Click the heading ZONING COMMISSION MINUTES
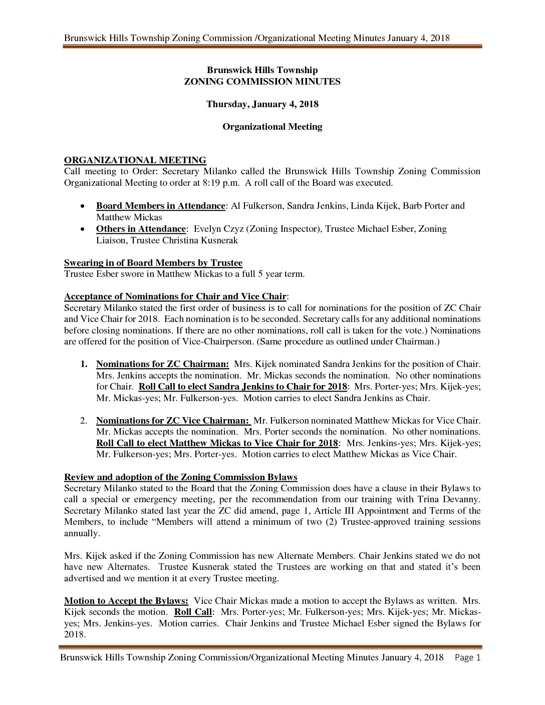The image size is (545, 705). [x=262, y=82]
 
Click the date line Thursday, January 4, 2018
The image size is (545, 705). [x=262, y=104]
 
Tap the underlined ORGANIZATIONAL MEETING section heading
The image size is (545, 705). [x=135, y=160]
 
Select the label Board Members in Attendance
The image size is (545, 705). [x=160, y=206]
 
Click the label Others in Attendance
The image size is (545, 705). [x=141, y=229]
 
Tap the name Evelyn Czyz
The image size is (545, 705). [x=216, y=229]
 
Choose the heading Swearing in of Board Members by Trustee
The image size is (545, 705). [x=153, y=263]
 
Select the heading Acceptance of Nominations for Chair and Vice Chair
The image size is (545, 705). [x=175, y=296]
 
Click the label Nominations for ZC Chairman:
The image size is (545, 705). [x=162, y=364]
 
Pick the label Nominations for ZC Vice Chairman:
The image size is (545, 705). [x=173, y=421]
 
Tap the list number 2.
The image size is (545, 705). [x=84, y=421]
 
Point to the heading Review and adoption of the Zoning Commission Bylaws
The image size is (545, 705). [x=180, y=477]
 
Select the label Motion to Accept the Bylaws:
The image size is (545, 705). [x=126, y=601]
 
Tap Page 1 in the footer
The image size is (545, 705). [x=467, y=657]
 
